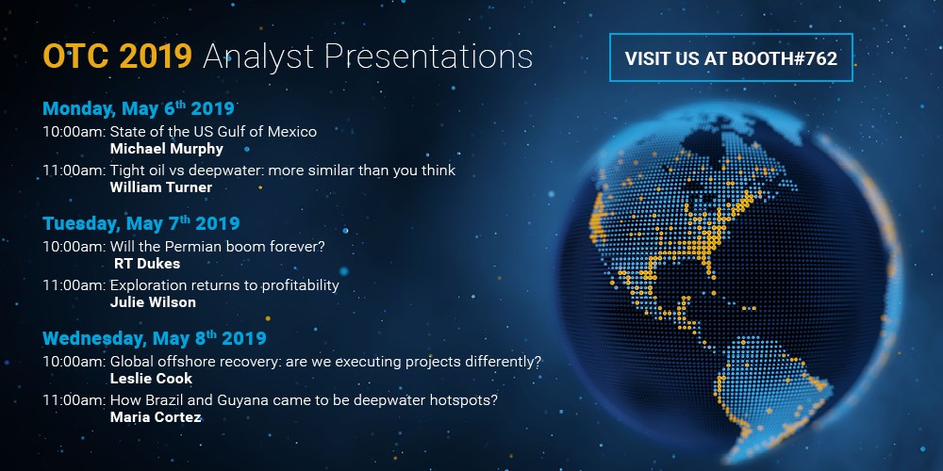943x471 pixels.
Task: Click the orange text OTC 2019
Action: (117, 57)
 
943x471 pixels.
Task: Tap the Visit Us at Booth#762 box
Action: (731, 57)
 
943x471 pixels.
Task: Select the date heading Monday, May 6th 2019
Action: (139, 108)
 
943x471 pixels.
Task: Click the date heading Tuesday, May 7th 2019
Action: (141, 223)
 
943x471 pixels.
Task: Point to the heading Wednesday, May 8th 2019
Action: (155, 338)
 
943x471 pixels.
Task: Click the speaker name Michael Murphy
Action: (167, 149)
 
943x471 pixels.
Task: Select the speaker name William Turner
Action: (161, 187)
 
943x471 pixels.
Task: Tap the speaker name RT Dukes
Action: (147, 264)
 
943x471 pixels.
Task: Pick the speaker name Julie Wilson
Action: (153, 302)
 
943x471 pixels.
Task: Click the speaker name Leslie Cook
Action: (151, 379)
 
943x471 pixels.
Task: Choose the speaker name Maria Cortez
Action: (156, 417)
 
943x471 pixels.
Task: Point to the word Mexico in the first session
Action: (294, 132)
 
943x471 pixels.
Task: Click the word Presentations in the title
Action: (429, 57)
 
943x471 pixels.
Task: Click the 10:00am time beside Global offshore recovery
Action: (74, 362)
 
